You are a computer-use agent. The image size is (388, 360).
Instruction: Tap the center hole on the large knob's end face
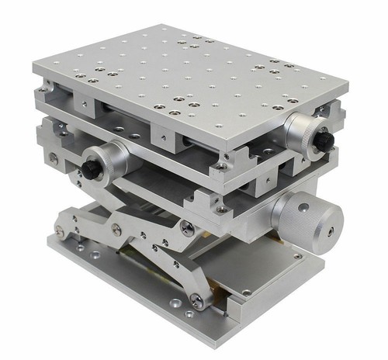click(x=331, y=231)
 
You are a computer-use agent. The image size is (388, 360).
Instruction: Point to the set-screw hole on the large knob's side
click(x=303, y=207)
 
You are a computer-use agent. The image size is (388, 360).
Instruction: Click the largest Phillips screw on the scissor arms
click(x=187, y=228)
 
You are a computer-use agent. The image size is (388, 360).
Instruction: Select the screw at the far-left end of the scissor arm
click(x=60, y=231)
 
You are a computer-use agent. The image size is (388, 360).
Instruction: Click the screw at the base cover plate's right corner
click(x=297, y=257)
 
